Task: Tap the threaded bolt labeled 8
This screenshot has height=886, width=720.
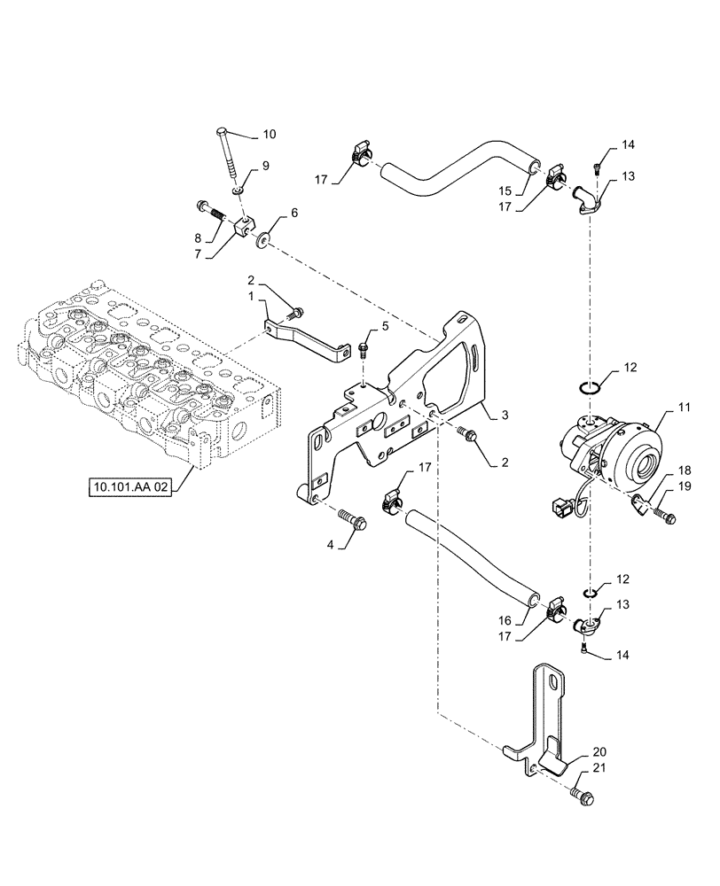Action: (210, 214)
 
